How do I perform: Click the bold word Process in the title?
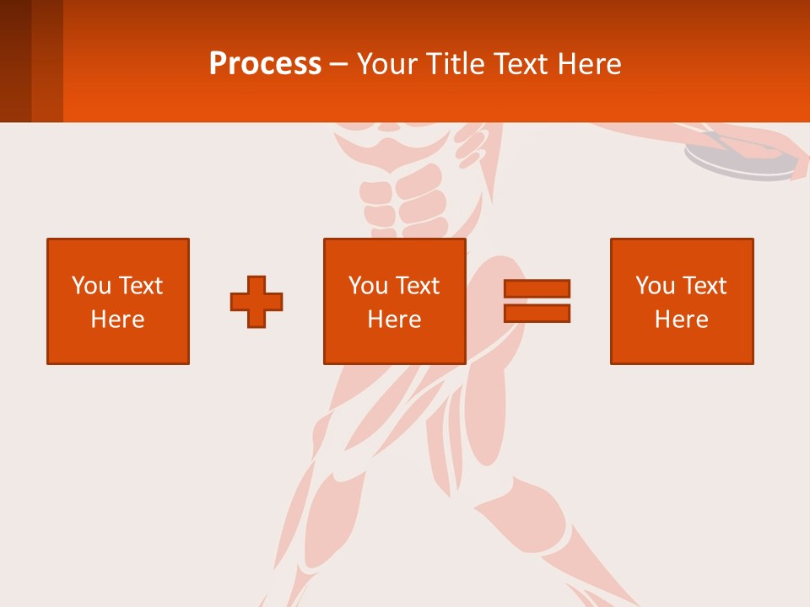pos(265,64)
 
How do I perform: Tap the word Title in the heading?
pos(455,64)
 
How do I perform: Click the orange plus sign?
pos(256,302)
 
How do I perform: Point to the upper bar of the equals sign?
pos(537,289)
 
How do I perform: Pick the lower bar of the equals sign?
pos(537,313)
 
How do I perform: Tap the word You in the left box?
pos(91,286)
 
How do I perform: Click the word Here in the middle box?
pos(395,320)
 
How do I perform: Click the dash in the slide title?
pos(338,64)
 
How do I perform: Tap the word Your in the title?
pos(388,64)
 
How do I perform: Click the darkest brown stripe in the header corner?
pos(15,61)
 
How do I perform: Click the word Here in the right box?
pos(682,320)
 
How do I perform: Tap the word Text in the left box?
pos(141,286)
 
